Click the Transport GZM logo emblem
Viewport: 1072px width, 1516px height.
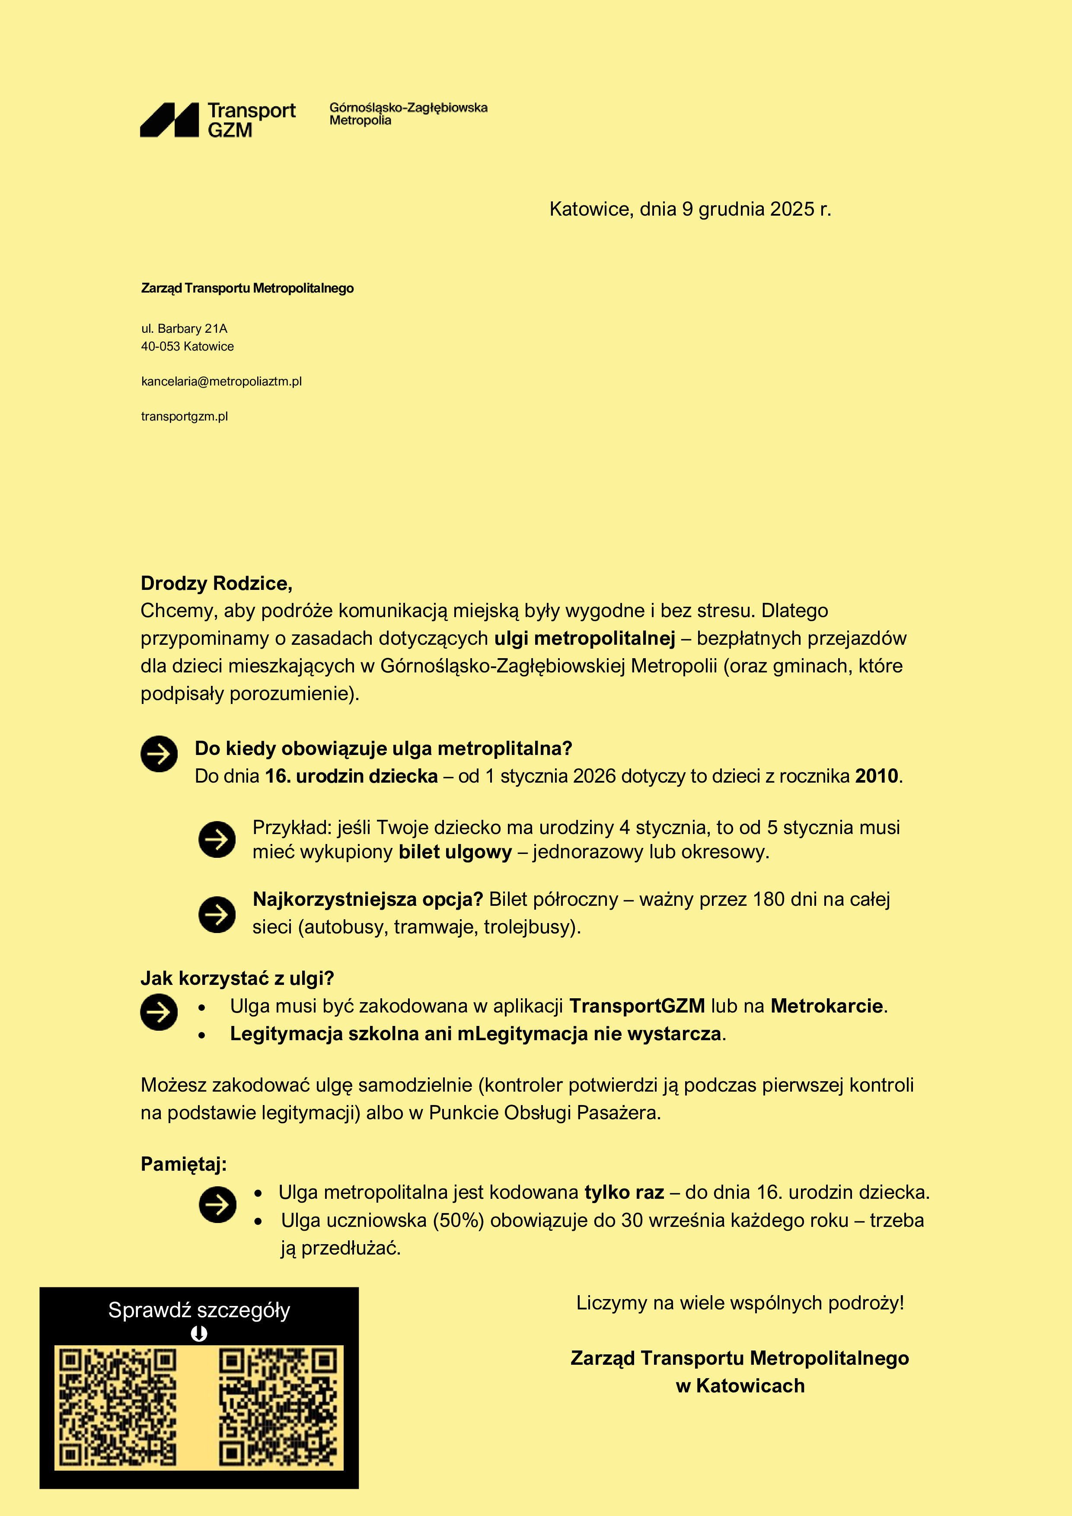[x=169, y=120]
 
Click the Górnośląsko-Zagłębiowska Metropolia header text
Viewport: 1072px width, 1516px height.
[x=408, y=114]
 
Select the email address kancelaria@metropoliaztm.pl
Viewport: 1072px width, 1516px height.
[x=221, y=382]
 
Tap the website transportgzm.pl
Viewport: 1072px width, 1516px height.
[x=184, y=417]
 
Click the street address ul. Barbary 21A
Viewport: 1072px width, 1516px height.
[x=184, y=329]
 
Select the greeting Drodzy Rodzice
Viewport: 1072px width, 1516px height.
[x=216, y=584]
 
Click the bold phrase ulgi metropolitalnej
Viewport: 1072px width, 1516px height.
[x=584, y=638]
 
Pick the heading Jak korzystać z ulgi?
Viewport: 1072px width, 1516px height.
[x=237, y=978]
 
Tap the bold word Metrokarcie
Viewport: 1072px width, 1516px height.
[x=826, y=1006]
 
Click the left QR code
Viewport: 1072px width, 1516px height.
[x=118, y=1407]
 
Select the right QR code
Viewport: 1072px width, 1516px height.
[x=278, y=1407]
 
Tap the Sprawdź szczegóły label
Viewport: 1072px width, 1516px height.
[x=199, y=1310]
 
